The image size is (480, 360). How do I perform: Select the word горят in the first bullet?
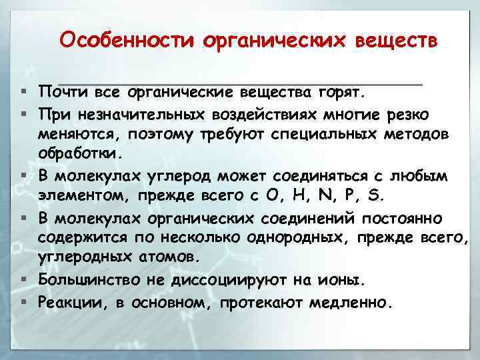(340, 89)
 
